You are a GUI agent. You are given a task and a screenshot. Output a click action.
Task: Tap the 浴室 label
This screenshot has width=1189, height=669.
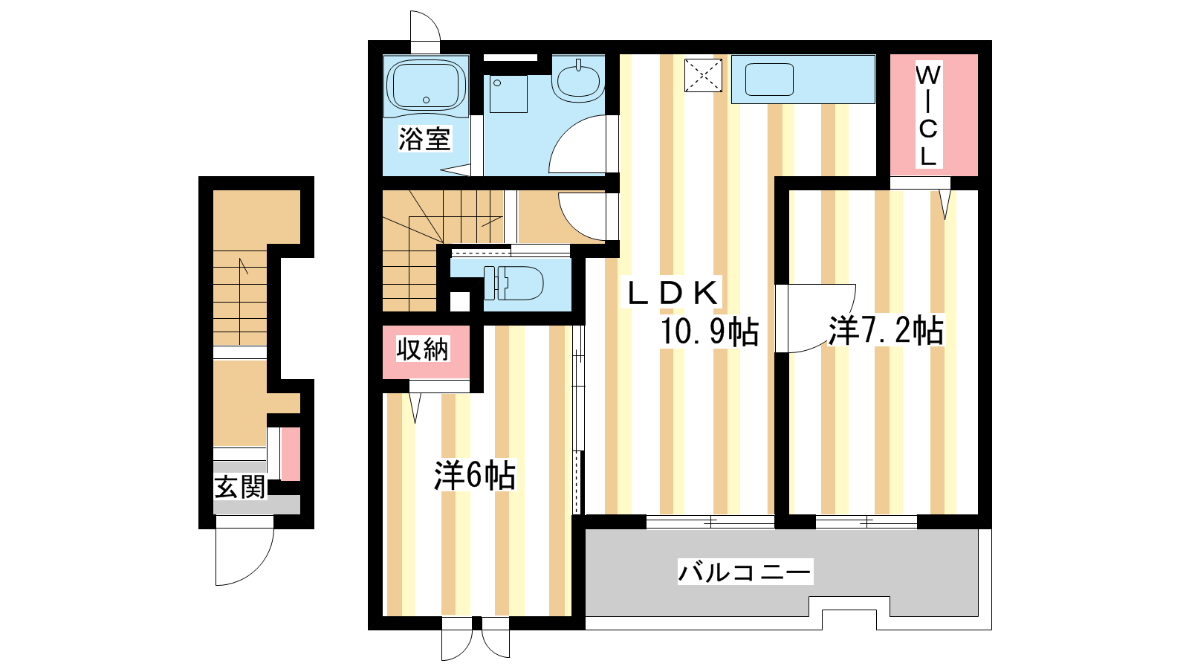coord(424,138)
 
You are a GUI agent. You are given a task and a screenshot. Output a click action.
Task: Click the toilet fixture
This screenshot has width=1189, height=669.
coord(513,282)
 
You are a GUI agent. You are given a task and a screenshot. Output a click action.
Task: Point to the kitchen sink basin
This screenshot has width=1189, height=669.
coord(769,80)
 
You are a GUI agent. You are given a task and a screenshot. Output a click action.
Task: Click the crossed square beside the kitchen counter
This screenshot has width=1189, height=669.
coord(703,75)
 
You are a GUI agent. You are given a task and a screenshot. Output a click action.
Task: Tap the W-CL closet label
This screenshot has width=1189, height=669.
coord(927,115)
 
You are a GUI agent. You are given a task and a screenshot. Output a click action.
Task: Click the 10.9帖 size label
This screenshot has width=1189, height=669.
coord(709,332)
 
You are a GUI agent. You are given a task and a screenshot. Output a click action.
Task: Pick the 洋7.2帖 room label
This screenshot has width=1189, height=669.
coord(886,330)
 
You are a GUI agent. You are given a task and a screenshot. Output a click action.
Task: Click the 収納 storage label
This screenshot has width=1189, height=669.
coord(423,349)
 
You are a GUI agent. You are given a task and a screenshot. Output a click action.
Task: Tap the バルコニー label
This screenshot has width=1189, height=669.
coord(745,572)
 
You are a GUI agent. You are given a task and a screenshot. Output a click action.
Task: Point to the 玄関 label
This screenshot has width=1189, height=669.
coord(239,487)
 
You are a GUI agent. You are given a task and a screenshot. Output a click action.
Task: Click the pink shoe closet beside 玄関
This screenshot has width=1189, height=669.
coord(291,454)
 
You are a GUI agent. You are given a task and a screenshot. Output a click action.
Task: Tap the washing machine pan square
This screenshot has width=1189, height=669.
coord(508,94)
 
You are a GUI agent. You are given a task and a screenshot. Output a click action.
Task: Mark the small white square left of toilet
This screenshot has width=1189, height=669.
coord(460,302)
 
